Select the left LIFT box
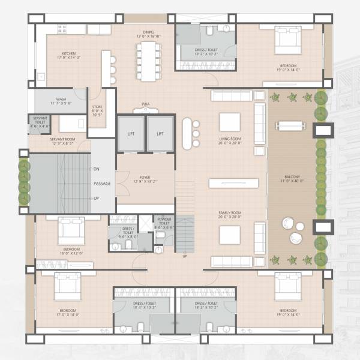(131, 133)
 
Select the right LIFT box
(160, 133)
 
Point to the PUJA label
(145, 104)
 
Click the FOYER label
(145, 177)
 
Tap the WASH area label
(61, 99)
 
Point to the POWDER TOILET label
(163, 221)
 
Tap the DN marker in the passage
(97, 169)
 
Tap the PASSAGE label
(101, 184)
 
